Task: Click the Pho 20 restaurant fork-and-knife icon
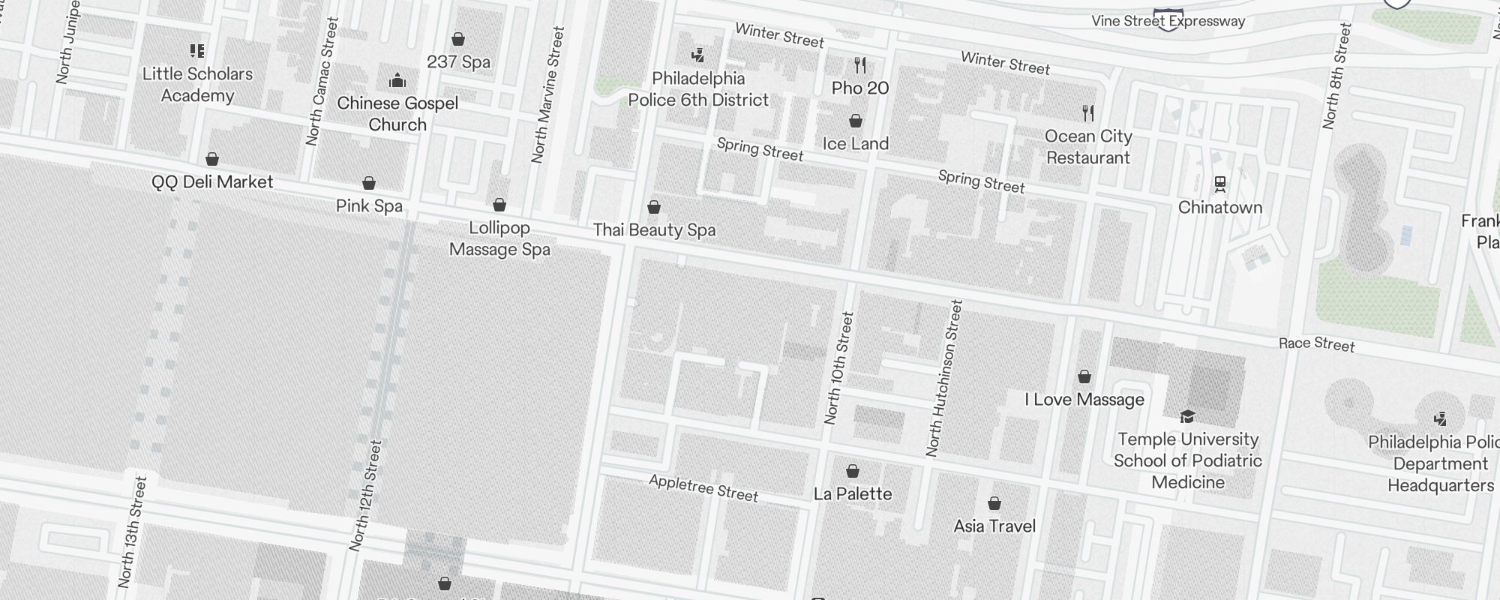tap(860, 65)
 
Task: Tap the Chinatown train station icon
tap(1220, 184)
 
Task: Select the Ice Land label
tap(855, 144)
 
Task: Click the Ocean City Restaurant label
tap(1087, 147)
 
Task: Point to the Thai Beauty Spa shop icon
tap(654, 207)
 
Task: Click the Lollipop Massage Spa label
tap(499, 238)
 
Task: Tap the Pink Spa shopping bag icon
tap(369, 183)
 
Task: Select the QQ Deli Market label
tap(212, 181)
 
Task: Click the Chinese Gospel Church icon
tap(397, 80)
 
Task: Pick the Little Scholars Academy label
tap(197, 85)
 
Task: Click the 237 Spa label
tap(458, 61)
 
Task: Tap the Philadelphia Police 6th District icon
tap(698, 55)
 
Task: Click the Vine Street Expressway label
tap(1168, 21)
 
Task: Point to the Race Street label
tap(1316, 344)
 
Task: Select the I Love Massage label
tap(1084, 399)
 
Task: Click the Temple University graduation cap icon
tap(1187, 416)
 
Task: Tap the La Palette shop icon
tap(853, 471)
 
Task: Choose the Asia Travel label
tap(994, 526)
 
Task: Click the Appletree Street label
tap(703, 488)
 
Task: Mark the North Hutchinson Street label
tap(944, 379)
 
